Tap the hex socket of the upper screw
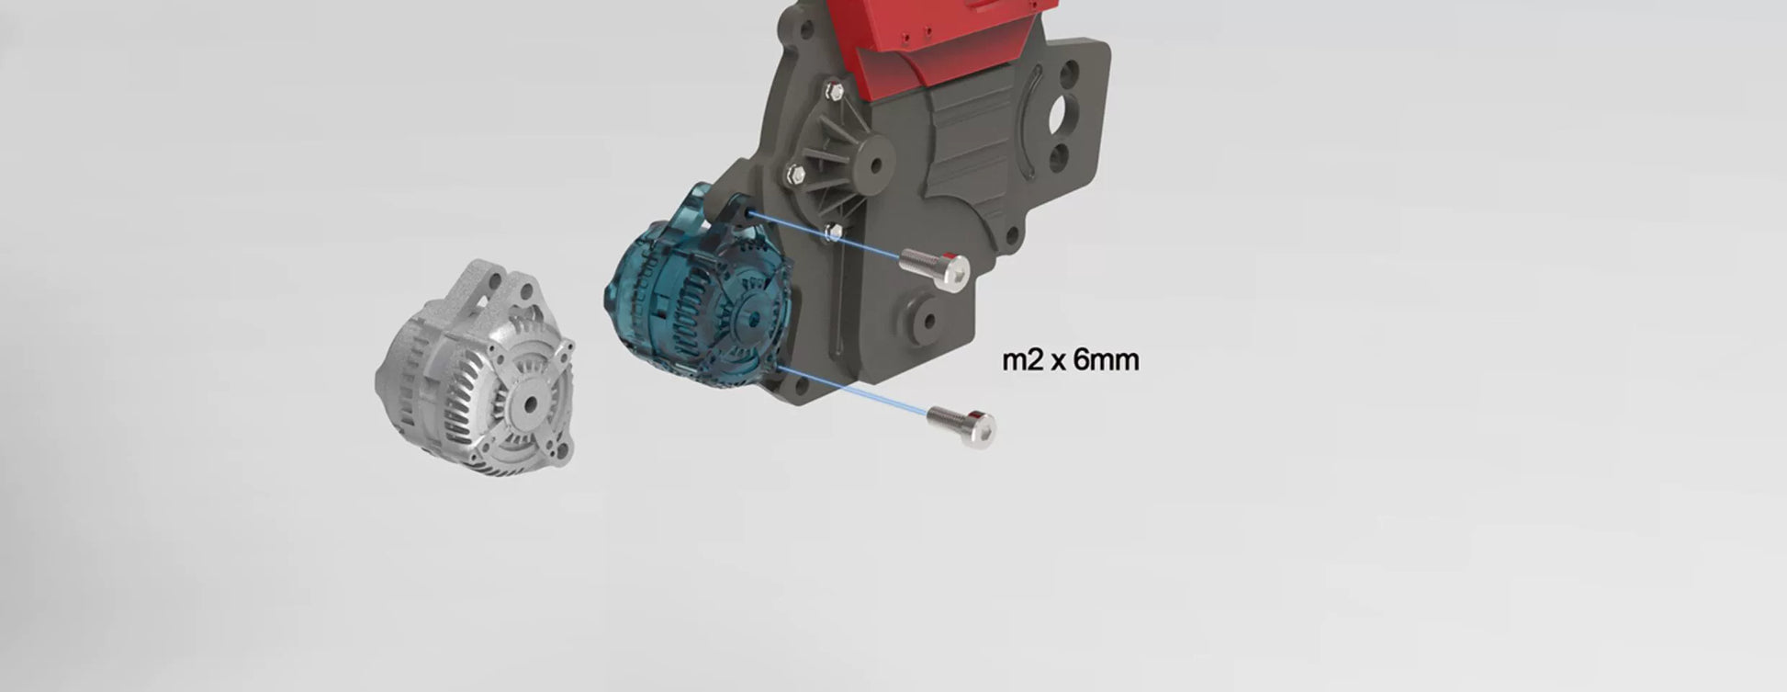click(957, 271)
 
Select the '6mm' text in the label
click(1106, 359)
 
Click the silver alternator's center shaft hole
click(531, 403)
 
